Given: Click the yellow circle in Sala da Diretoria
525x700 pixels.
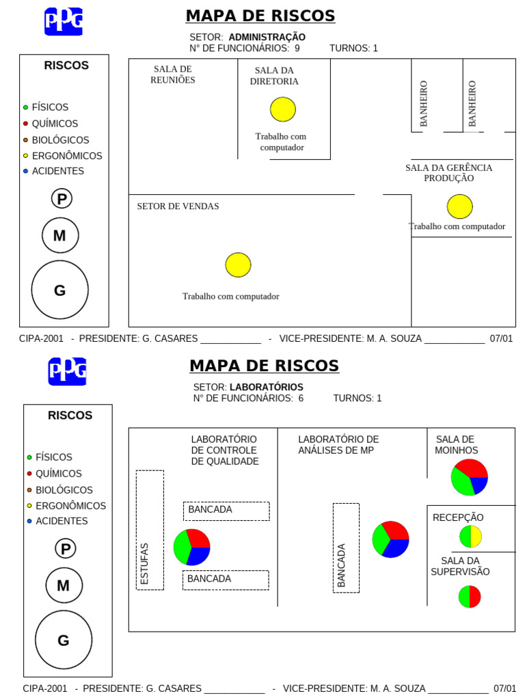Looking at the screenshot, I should pos(282,109).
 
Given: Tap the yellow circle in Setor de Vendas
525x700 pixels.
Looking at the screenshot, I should pos(238,265).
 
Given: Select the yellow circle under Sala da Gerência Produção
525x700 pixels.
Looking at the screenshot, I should pos(459,206).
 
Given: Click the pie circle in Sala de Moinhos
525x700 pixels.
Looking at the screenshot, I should pos(469,477).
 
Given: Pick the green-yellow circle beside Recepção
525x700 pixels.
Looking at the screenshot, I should pos(470,537).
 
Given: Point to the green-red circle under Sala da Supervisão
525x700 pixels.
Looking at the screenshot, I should pos(470,596).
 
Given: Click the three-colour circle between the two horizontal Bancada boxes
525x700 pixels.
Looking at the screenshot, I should pos(191,546).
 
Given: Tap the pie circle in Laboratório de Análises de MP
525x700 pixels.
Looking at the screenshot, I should pos(390,539).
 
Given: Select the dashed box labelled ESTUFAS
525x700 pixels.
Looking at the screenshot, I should pos(150,530).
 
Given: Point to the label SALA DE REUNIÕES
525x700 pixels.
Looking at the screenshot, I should pos(173,75).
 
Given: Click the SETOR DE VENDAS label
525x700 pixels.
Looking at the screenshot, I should pos(178,206).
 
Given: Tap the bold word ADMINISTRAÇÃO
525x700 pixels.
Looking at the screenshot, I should pos(267,37).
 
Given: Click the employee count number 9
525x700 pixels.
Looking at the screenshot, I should pos(297,48).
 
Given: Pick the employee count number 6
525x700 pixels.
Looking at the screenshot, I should pos(301,398).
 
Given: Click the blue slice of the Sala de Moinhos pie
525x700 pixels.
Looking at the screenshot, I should pos(479,485).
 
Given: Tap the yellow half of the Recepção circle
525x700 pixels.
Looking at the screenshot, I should pos(476,537).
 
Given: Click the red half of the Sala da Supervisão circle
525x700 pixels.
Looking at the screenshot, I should pos(475,596).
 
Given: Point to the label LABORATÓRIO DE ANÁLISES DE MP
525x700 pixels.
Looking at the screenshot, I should pos(338,444).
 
